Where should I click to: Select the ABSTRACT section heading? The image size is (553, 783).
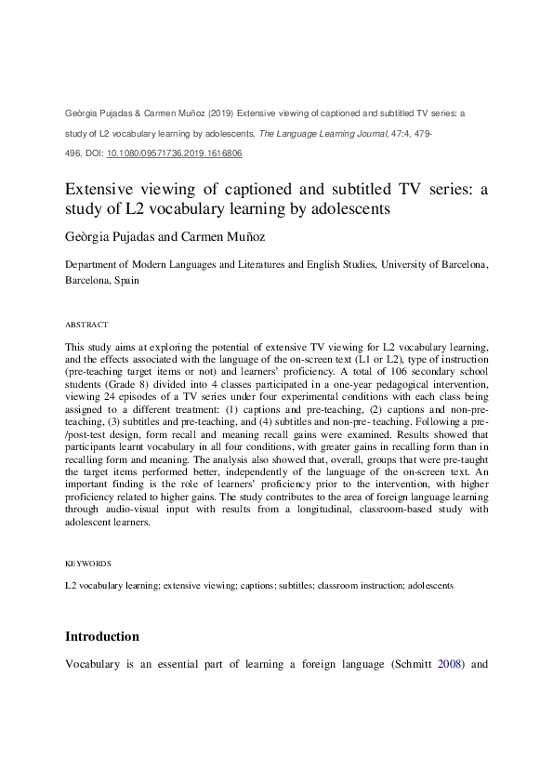coord(86,325)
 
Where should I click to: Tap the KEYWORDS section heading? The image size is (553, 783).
coord(88,564)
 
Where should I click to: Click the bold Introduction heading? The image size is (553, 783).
coord(102,637)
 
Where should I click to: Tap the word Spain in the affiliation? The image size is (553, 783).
coord(127,280)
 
